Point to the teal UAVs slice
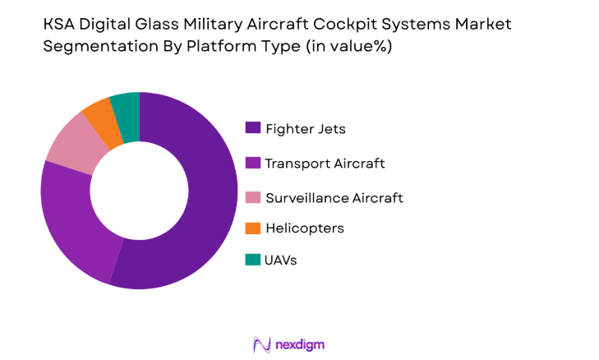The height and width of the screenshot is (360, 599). click(x=126, y=108)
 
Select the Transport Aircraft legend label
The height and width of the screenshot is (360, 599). click(x=325, y=163)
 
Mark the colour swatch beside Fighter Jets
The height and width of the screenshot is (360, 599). click(x=252, y=128)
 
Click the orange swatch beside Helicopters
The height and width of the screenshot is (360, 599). click(x=252, y=227)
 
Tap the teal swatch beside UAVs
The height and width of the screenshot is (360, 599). click(x=252, y=260)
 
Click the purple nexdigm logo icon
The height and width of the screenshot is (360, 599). click(x=262, y=344)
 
